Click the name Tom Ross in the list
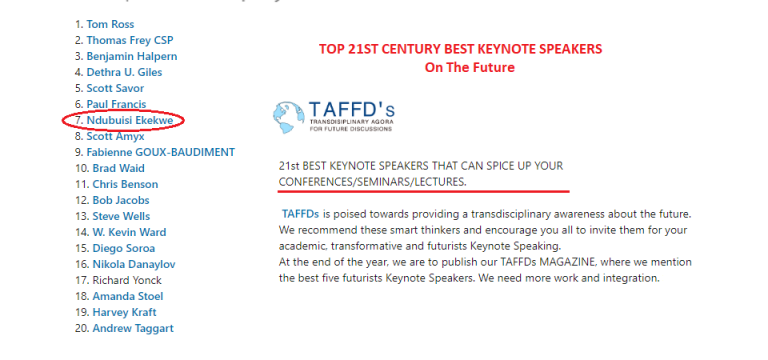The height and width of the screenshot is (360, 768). tap(111, 24)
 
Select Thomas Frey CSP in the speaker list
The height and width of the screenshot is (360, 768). tap(129, 40)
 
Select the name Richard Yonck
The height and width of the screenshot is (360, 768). tap(128, 280)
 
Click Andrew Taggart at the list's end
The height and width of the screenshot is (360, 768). tap(133, 328)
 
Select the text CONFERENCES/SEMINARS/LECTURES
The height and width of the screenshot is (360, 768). tap(372, 180)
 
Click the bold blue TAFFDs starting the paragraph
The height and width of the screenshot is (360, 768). tap(301, 214)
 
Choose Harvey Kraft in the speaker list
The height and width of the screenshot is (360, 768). tap(126, 312)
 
